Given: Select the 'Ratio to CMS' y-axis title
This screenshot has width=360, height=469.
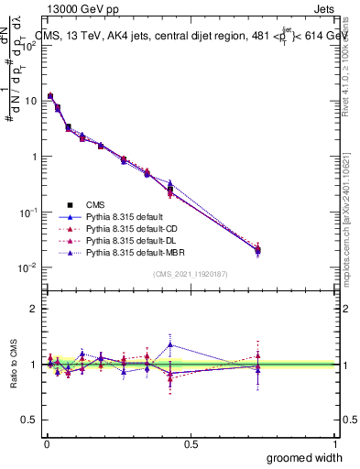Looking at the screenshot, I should pyautogui.click(x=14, y=365).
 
